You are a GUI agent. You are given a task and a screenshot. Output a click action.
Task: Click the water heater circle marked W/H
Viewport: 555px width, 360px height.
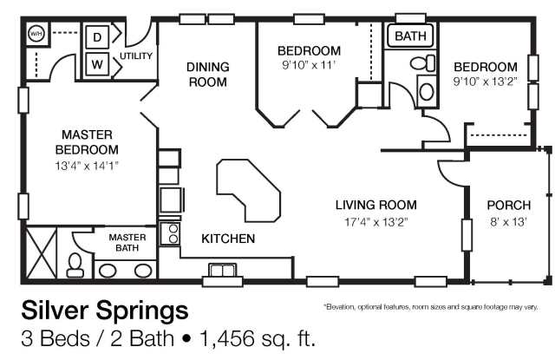coord(36,34)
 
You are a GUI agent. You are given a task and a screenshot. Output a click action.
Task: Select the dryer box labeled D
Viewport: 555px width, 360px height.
coord(97,36)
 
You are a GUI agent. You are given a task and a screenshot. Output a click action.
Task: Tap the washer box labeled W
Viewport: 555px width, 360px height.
coord(97,64)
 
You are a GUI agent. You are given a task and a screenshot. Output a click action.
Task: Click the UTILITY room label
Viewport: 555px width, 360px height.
coord(136,56)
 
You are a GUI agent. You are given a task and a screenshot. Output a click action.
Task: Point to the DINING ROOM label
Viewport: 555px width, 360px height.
coord(208,75)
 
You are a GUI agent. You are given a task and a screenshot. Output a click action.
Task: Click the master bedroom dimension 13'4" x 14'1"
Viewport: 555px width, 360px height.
coord(87,166)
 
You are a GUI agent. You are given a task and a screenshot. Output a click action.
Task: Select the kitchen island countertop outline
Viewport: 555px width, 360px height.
coord(249,191)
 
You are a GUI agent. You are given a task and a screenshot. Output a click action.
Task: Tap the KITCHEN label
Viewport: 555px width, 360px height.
coord(228,239)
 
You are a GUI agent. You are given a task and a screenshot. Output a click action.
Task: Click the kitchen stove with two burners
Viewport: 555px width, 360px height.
coord(170,233)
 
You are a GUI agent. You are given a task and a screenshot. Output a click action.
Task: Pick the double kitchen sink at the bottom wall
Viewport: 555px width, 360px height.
coord(222,270)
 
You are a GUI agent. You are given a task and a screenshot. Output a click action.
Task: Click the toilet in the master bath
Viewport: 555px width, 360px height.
coord(75,265)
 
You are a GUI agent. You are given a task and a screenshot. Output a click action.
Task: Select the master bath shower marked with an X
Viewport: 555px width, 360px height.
coord(42,252)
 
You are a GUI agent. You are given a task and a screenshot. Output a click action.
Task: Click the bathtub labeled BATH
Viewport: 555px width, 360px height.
coord(410,36)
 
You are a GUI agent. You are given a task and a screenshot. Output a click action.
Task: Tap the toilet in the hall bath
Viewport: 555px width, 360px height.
coord(422,63)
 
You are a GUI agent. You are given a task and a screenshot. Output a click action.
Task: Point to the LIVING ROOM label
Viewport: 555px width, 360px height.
coord(375,205)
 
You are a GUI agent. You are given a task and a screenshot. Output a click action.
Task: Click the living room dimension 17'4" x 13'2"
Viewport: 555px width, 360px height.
coord(376,222)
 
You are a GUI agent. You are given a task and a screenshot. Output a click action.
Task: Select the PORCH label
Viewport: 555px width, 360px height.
coord(509,206)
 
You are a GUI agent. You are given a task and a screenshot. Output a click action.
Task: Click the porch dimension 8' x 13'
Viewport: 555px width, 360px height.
coord(509,222)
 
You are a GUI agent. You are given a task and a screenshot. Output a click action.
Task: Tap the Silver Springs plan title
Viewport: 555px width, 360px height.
coord(105,311)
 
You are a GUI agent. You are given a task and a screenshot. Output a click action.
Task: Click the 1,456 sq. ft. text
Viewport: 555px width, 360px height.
coord(258,338)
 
